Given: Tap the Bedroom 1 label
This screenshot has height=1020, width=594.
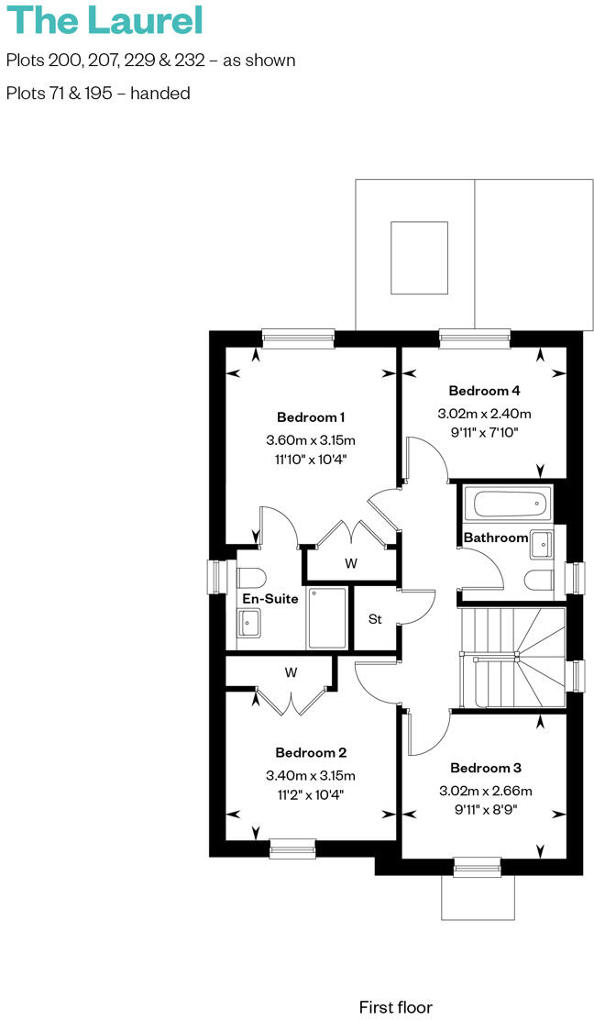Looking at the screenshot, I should tap(310, 417).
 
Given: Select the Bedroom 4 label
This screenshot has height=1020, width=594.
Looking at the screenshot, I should tap(484, 391).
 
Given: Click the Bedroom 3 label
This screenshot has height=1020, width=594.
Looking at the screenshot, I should tap(485, 768).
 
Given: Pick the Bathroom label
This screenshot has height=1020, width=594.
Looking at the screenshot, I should tap(495, 538).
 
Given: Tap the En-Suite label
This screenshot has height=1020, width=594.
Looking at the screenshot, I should tap(269, 599).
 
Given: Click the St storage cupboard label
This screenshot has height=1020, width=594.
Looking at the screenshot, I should tap(375, 619).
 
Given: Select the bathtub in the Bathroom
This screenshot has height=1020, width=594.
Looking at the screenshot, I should tap(508, 504).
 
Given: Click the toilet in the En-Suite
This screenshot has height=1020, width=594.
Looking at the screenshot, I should tap(250, 577).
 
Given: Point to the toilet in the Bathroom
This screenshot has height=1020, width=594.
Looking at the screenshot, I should tap(541, 579).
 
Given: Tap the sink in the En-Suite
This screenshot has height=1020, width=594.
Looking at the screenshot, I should tap(249, 624).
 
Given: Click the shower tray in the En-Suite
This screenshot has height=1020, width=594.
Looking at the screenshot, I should tap(326, 617).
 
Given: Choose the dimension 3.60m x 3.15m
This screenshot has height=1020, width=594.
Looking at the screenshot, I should tap(310, 439).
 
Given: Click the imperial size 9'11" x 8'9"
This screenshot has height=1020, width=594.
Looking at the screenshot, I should tap(485, 810).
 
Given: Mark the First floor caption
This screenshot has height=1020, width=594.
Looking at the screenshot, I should tap(395, 1007).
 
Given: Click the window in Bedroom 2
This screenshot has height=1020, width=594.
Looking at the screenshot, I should tap(292, 849).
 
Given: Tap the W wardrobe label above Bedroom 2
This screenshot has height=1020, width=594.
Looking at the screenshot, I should tap(291, 672).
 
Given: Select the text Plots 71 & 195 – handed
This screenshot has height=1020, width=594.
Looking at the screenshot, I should tap(98, 93).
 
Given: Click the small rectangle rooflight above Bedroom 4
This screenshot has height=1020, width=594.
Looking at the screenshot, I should tap(420, 258).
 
